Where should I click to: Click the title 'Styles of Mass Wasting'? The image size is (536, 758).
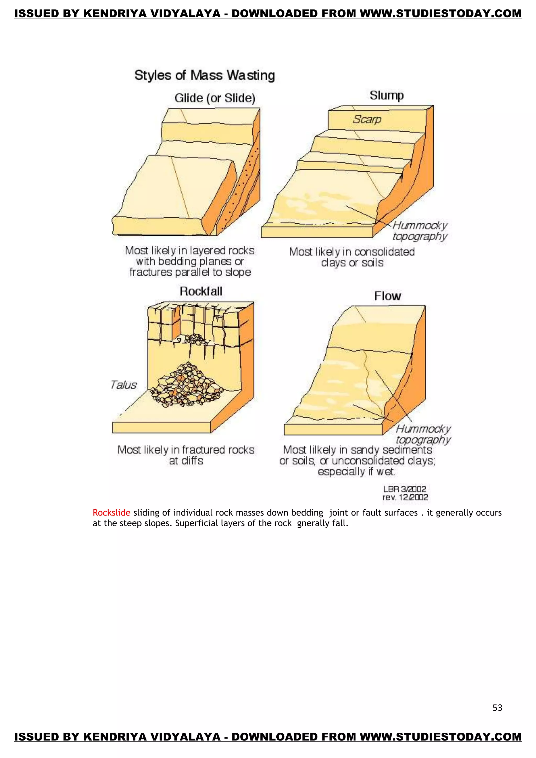(204, 75)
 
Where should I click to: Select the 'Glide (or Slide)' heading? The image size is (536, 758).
(215, 98)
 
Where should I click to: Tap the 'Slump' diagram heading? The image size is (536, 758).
(386, 95)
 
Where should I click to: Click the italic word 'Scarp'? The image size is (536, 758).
(367, 119)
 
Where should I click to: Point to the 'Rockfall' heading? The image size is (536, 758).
(201, 291)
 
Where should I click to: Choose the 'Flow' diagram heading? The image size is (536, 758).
(387, 296)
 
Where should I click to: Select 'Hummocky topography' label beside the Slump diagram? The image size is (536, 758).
(420, 231)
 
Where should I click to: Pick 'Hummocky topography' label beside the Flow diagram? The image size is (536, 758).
(423, 434)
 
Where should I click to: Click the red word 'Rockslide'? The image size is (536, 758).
(111, 513)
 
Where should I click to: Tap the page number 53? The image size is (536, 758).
(497, 708)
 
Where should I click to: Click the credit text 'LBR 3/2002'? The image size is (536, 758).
(405, 489)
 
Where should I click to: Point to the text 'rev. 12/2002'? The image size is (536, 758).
(405, 497)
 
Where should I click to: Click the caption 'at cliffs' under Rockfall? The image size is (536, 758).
(186, 461)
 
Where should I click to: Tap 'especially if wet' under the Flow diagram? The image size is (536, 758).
(356, 471)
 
